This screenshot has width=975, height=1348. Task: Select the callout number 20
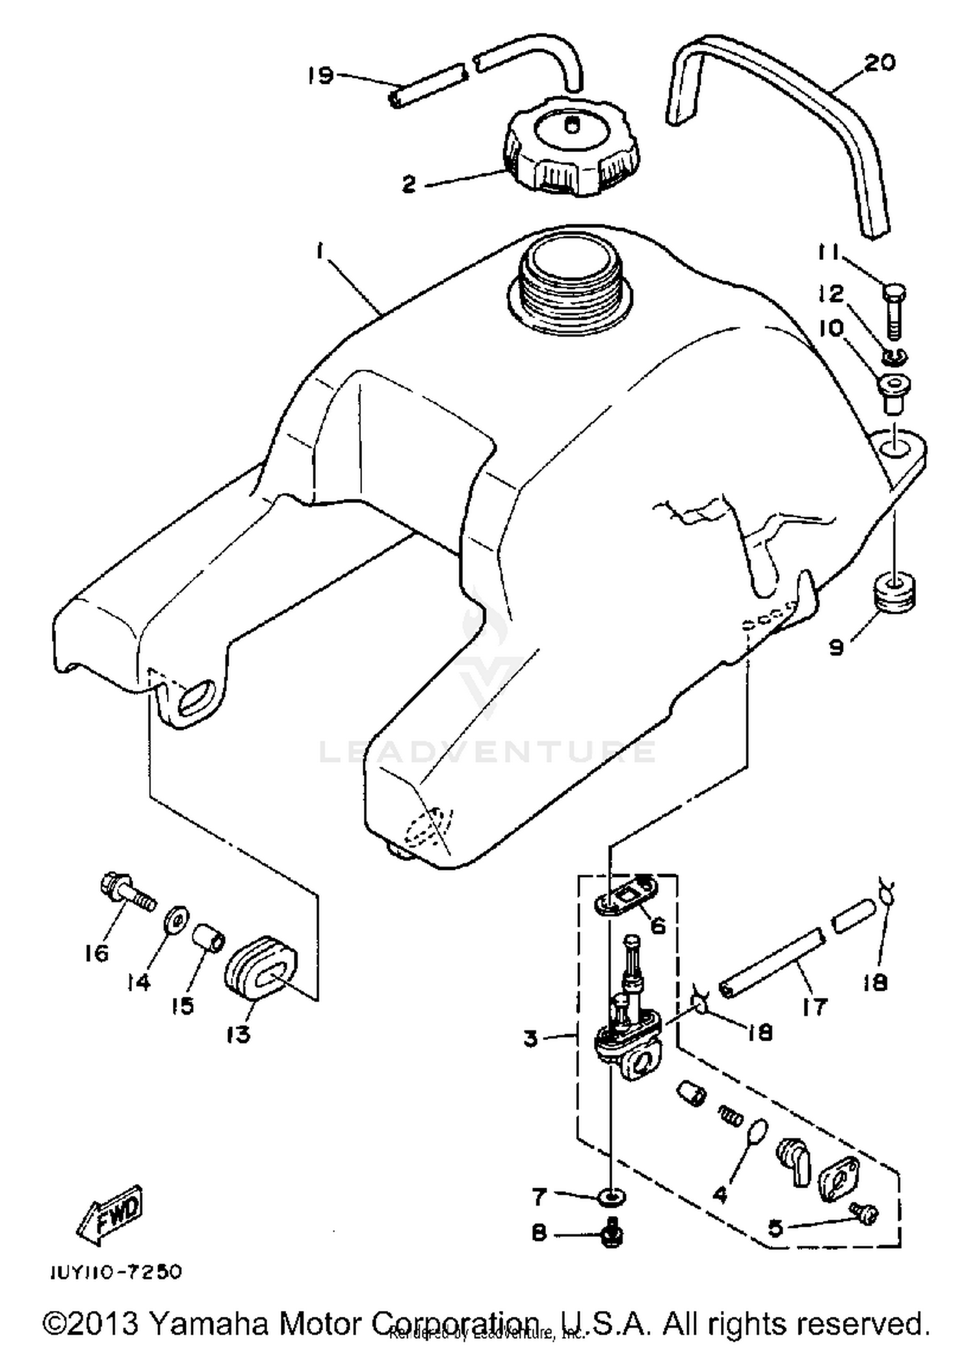tap(880, 63)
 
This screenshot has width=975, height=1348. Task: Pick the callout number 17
tap(814, 1008)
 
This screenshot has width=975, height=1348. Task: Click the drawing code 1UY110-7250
tap(116, 1272)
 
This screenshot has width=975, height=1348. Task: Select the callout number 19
tap(320, 75)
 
